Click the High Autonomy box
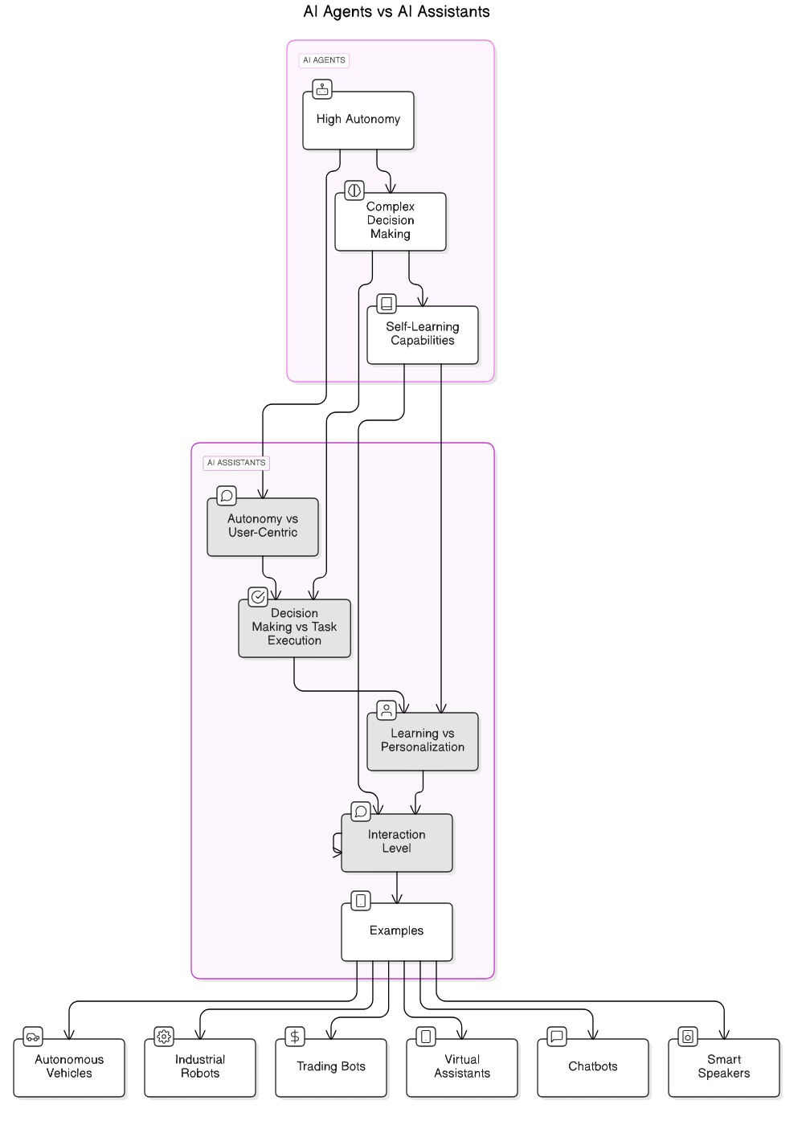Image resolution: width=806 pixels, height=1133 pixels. pos(358,120)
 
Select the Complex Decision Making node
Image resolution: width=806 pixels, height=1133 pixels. pos(390,221)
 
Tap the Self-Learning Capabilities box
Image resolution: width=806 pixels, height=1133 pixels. pos(422,334)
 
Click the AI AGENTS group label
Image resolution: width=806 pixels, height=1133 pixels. pos(324,60)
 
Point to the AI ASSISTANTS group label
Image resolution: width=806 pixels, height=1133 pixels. pos(235,463)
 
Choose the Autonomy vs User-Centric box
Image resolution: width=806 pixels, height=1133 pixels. pos(262,526)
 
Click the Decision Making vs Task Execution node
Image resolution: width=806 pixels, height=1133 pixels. pos(294,628)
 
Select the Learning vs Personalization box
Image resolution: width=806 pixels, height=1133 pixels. pos(422,741)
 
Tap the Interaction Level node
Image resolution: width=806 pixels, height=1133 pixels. pos(396,842)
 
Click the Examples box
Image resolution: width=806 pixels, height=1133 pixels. pos(396,931)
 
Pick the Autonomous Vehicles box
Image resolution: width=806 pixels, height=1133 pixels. pos(69,1067)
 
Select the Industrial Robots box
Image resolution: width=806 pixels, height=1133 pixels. pos(200,1067)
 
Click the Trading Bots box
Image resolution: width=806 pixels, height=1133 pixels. pos(331,1067)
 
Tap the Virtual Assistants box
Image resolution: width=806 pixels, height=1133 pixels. pos(462,1067)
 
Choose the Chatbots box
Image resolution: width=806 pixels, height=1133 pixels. pos(593,1067)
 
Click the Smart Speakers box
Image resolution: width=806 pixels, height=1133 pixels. pos(724,1067)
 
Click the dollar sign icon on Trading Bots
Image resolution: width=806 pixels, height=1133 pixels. pos(295,1037)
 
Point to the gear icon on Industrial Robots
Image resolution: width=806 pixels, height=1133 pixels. pos(164,1037)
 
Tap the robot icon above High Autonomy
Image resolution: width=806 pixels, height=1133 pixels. pos(321,89)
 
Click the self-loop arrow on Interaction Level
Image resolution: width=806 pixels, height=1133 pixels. pos(335,843)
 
